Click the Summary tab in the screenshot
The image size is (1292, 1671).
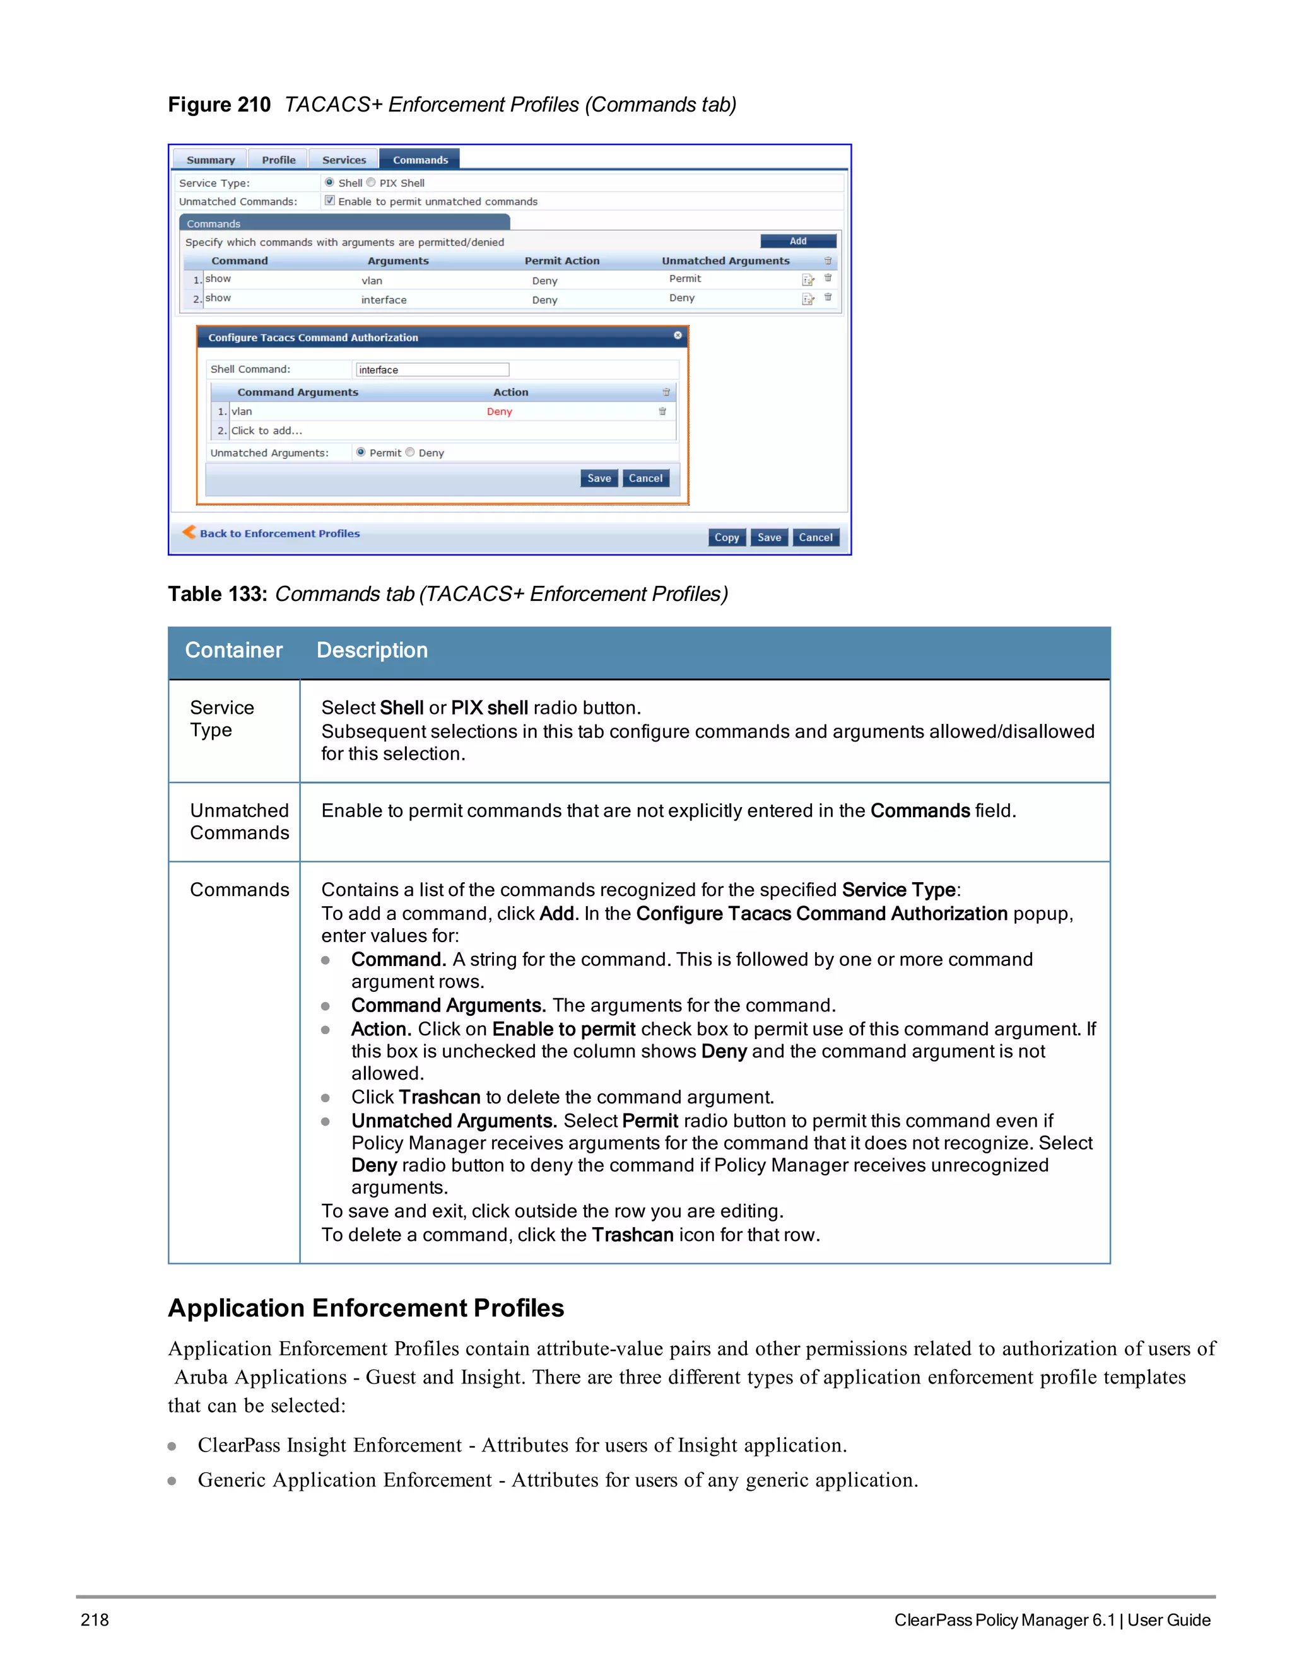coord(211,160)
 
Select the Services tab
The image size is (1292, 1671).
coord(344,160)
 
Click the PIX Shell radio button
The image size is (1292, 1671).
coord(371,183)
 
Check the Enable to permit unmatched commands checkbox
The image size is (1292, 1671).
coord(330,201)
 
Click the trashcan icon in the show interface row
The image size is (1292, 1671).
coord(828,298)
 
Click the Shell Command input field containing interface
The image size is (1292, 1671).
coord(432,370)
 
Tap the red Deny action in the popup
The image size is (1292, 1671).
coord(499,412)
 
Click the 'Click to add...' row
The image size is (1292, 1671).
coord(267,431)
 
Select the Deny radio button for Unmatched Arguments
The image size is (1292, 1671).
coord(410,452)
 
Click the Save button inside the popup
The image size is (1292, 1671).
coord(599,478)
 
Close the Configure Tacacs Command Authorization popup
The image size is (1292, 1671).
coord(678,336)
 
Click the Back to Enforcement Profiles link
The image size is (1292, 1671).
coord(279,533)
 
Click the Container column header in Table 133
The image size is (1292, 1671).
coord(233,650)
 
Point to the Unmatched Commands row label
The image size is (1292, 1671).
coord(239,821)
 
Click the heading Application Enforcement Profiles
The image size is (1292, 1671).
coord(366,1308)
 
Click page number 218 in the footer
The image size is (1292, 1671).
coord(95,1620)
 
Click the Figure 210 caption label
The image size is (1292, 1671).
coord(219,105)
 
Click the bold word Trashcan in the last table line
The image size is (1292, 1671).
coord(632,1235)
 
